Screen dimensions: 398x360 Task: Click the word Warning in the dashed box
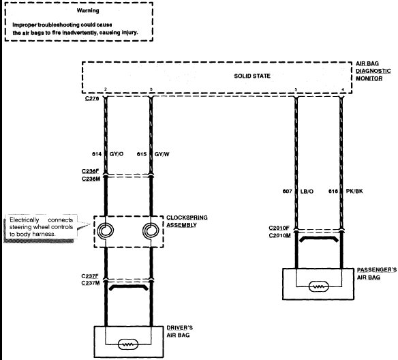[x=88, y=11]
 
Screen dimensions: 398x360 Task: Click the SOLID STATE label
[x=252, y=76]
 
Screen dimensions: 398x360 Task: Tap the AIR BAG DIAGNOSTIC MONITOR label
[x=373, y=71]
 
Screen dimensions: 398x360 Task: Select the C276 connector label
[x=92, y=98]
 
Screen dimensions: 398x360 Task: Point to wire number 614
[x=97, y=154]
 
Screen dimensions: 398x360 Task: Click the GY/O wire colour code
[x=117, y=154]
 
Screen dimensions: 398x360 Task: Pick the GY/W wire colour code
[x=162, y=154]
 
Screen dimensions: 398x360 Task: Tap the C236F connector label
[x=90, y=171]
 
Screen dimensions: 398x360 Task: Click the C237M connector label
[x=91, y=283]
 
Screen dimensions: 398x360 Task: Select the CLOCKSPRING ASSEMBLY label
[x=187, y=222]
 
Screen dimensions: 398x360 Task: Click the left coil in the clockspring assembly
[x=106, y=230]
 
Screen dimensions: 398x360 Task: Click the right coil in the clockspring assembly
[x=151, y=230]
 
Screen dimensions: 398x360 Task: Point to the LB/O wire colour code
[x=307, y=192]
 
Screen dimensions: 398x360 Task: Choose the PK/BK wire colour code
[x=354, y=191]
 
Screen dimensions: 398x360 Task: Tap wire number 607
[x=288, y=192]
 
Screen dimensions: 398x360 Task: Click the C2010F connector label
[x=279, y=228]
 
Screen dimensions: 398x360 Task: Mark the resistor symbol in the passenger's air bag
[x=319, y=286]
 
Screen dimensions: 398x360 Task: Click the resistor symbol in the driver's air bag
[x=128, y=344]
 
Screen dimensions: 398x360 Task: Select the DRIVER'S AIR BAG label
[x=180, y=331]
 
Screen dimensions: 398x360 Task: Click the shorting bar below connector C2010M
[x=319, y=239]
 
